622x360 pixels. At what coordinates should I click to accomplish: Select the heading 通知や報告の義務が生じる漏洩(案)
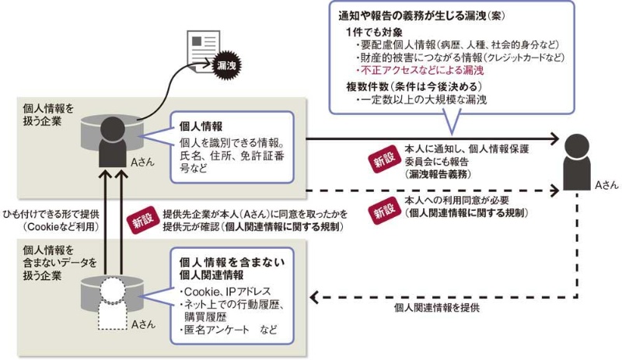(408, 16)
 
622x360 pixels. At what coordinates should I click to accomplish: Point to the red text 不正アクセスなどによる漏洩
(413, 70)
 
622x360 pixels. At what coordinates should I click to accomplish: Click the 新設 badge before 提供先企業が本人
(141, 218)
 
